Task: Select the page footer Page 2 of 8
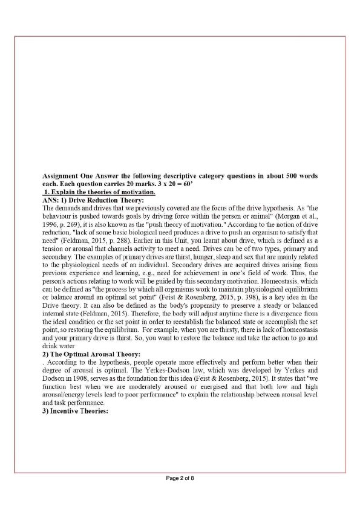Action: point(180,478)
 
